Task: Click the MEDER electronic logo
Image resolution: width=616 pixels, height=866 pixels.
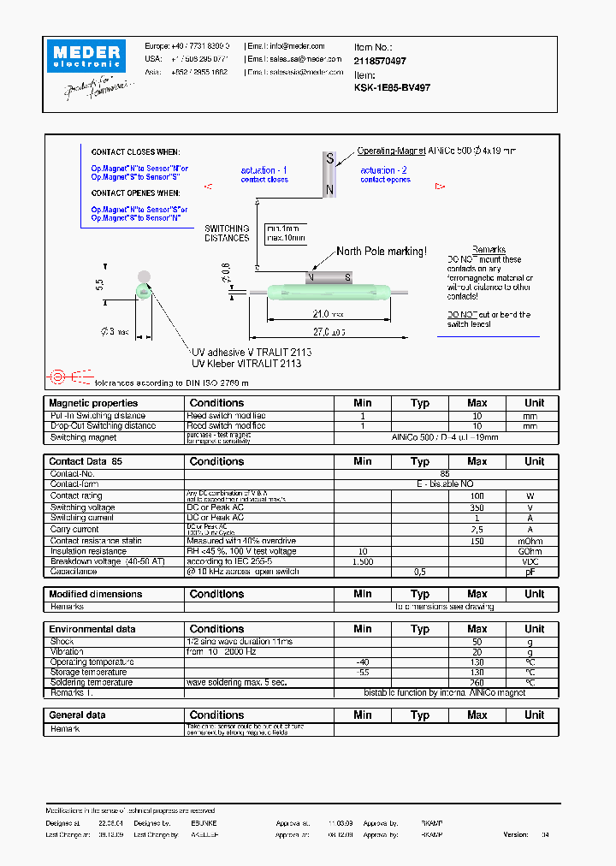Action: (x=90, y=56)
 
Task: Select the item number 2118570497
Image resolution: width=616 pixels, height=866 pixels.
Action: (x=380, y=61)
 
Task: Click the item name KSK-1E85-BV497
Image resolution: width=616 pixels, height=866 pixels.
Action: (x=392, y=87)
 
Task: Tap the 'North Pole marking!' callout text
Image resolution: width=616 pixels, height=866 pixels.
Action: (x=381, y=252)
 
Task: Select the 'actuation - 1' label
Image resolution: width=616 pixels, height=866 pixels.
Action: (x=264, y=170)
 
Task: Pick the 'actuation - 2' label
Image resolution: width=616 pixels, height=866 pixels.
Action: (x=384, y=170)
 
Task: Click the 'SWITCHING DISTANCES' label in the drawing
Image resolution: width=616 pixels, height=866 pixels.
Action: (x=227, y=234)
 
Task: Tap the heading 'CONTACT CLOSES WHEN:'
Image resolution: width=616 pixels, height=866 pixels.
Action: (x=135, y=152)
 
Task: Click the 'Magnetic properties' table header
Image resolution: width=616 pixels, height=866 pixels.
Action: (x=93, y=403)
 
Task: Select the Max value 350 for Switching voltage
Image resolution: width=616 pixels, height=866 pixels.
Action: (x=477, y=507)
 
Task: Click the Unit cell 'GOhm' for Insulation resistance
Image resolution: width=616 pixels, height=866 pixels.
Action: (x=534, y=552)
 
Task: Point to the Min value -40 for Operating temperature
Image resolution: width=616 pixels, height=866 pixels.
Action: (x=362, y=662)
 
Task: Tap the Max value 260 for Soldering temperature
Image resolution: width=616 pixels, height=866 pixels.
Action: (x=477, y=683)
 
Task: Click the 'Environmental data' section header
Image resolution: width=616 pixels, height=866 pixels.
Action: (x=92, y=629)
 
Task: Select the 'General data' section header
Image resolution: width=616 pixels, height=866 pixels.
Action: (x=78, y=715)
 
